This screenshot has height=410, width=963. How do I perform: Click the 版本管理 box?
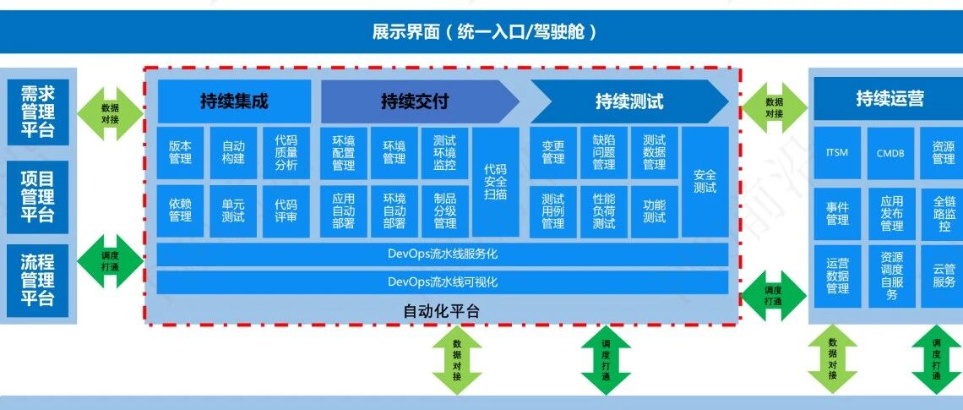pyautogui.click(x=180, y=153)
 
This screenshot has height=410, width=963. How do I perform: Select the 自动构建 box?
pyautogui.click(x=233, y=153)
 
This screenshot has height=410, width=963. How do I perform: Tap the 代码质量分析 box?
pyautogui.click(x=286, y=153)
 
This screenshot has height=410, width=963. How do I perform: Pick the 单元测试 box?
pyautogui.click(x=233, y=210)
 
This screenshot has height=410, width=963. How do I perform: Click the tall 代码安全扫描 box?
pyautogui.click(x=496, y=182)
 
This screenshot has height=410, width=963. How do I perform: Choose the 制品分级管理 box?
pyautogui.click(x=444, y=210)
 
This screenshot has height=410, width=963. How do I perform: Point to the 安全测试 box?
pyautogui.click(x=705, y=182)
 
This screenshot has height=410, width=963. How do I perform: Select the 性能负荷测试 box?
pyautogui.click(x=604, y=210)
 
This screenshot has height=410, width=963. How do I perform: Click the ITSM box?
pyautogui.click(x=838, y=153)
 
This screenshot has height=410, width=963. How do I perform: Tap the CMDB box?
pyautogui.click(x=890, y=153)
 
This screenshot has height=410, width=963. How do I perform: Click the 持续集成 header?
pyautogui.click(x=234, y=101)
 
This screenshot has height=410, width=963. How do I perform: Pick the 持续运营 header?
pyautogui.click(x=889, y=99)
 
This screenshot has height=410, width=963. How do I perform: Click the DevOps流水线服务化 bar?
pyautogui.click(x=443, y=254)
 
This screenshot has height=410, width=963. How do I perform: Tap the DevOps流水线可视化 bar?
pyautogui.click(x=443, y=282)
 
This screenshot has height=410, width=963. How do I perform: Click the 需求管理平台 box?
pyautogui.click(x=37, y=112)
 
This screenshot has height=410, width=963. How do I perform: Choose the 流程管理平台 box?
pyautogui.click(x=37, y=281)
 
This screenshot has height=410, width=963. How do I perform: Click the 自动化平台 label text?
pyautogui.click(x=442, y=311)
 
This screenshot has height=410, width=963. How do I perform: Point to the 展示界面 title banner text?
pyautogui.click(x=485, y=31)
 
